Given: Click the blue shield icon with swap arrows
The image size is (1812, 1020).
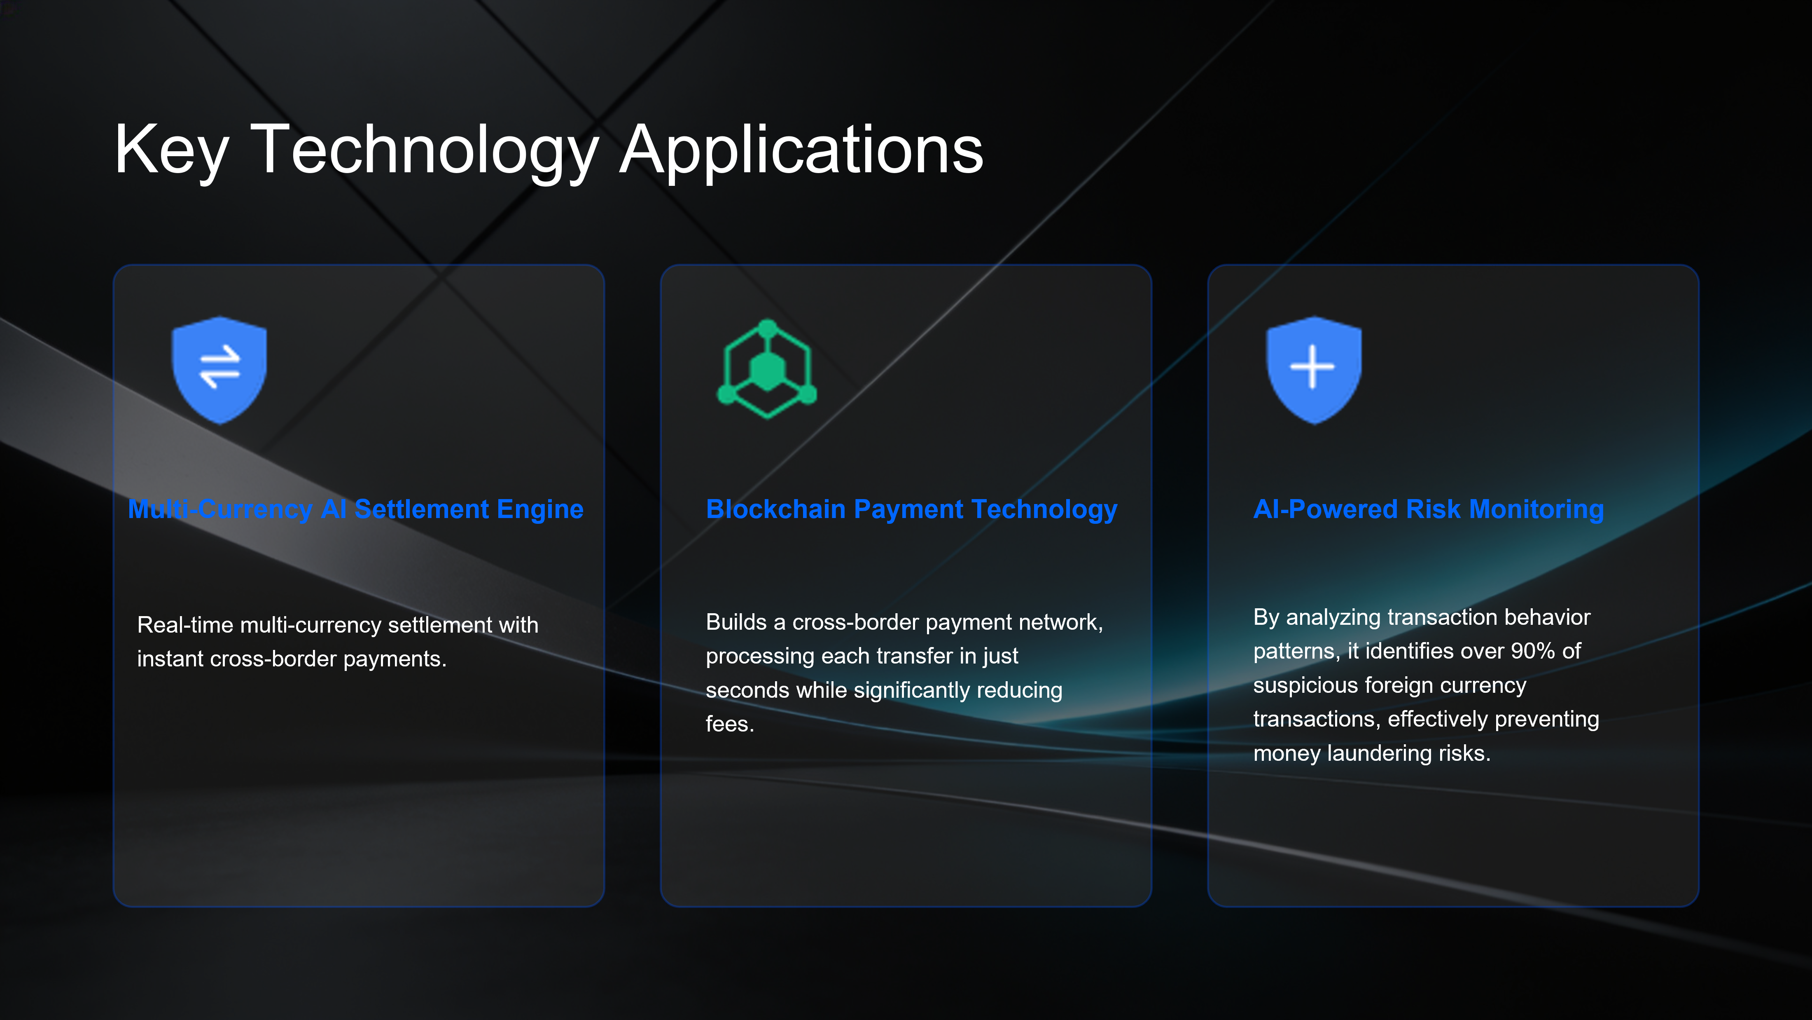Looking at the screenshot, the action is (x=219, y=370).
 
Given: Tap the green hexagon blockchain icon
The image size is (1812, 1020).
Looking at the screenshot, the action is (x=767, y=369).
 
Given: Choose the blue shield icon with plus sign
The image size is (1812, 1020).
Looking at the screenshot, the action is (x=1313, y=370).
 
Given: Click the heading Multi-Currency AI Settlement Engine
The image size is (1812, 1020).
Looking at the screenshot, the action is (x=356, y=509).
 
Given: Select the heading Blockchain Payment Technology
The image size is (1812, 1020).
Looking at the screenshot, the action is (x=912, y=509).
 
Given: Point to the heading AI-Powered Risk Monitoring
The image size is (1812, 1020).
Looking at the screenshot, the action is (x=1429, y=509).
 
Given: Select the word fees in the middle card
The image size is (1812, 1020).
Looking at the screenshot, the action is (x=729, y=724).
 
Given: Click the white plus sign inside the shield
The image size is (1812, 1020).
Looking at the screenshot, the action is (x=1312, y=367).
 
